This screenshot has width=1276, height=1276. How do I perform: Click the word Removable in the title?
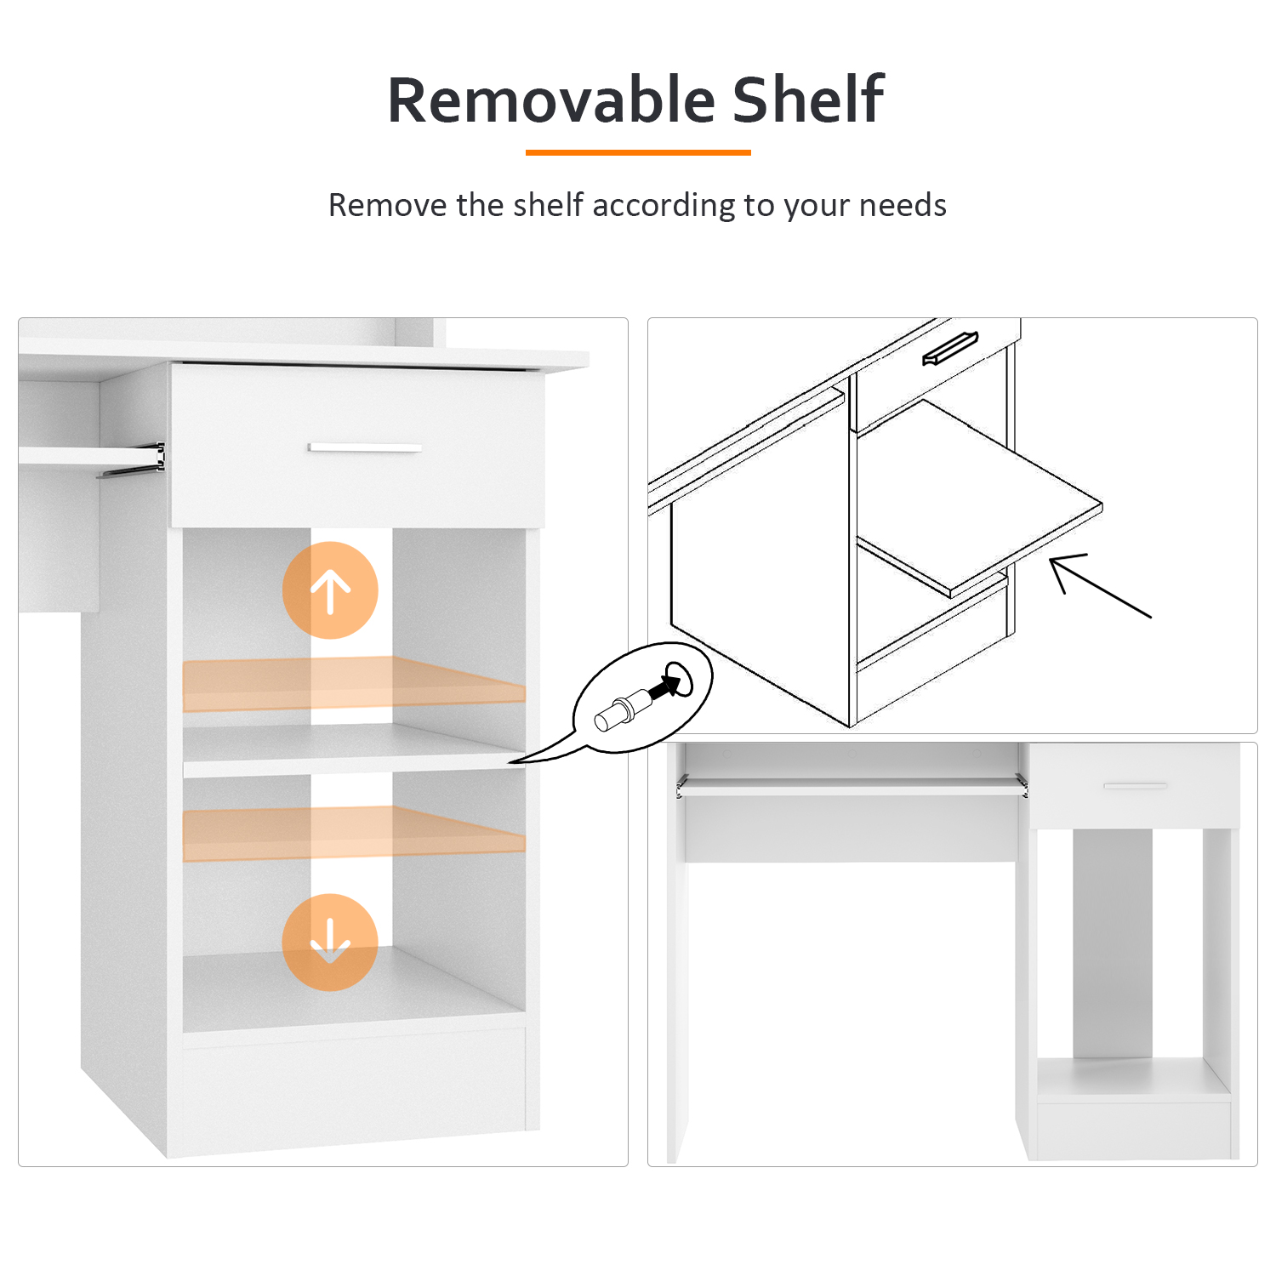coord(551,100)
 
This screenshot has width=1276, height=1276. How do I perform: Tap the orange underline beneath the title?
coord(638,152)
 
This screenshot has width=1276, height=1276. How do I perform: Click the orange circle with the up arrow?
coord(330,590)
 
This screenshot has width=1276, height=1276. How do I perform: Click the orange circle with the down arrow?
coord(330,942)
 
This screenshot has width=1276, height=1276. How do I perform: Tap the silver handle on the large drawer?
coord(365,447)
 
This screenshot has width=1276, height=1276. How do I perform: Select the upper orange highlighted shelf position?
coord(354,683)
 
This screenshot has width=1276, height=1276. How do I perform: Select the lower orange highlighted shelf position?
coord(354,833)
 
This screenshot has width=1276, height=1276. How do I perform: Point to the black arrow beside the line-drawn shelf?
coord(1100,585)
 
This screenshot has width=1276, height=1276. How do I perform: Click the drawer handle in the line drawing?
coord(950,348)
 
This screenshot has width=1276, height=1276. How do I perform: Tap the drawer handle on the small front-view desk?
coord(1136,785)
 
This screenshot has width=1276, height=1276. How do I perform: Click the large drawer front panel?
coord(357,446)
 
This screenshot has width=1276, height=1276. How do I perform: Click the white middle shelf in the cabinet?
coord(354,750)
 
